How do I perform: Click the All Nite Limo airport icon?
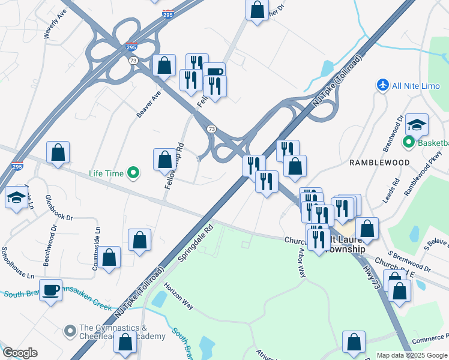point(382,85)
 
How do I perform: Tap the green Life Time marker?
point(134,174)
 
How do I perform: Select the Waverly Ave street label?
point(53,24)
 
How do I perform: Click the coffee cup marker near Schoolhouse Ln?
point(51,290)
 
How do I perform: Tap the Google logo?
point(20,353)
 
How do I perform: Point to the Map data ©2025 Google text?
point(411,355)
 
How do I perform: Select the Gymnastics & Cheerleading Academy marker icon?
point(71,330)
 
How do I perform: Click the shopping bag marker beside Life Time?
point(164,160)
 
